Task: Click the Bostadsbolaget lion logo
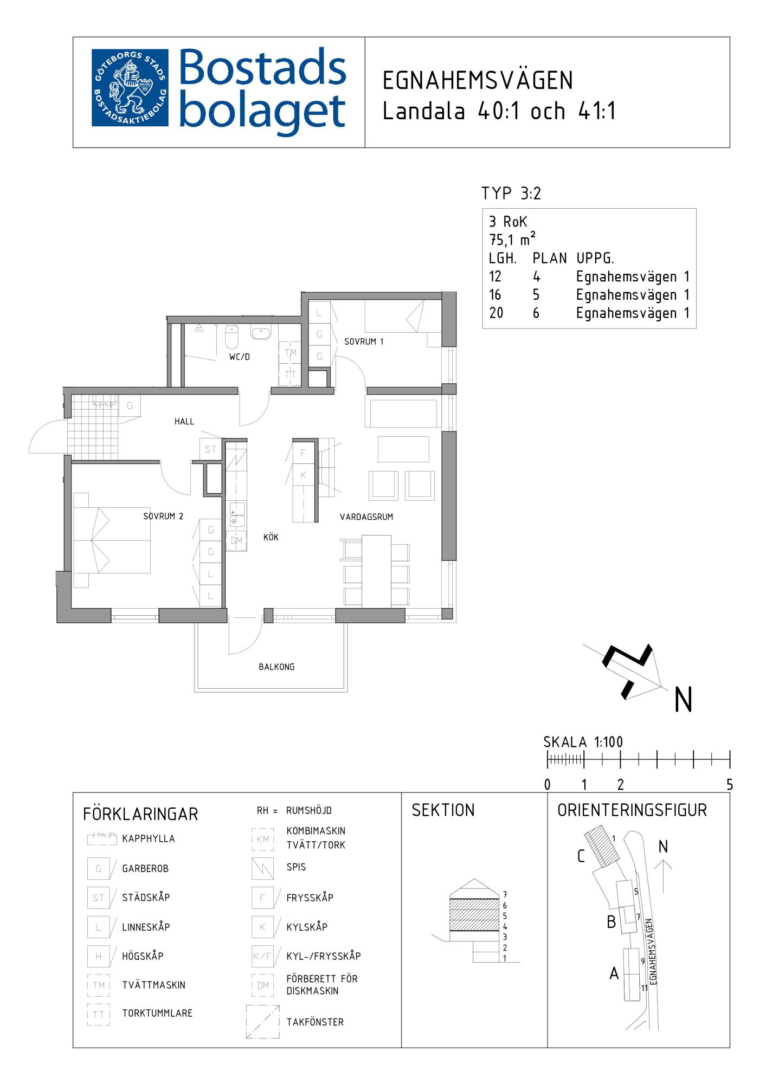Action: point(130,88)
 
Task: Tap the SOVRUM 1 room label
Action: point(364,341)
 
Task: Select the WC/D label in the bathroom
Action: point(239,357)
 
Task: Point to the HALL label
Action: point(184,421)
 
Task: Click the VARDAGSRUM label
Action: point(366,517)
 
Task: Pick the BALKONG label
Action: point(276,667)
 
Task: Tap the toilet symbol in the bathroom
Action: point(231,337)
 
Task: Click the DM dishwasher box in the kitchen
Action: point(237,540)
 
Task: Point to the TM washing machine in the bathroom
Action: point(291,353)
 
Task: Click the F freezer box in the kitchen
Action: point(303,453)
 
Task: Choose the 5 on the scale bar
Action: point(730,784)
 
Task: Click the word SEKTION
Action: point(443,810)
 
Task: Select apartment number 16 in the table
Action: point(495,295)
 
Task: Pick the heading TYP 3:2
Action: point(511,193)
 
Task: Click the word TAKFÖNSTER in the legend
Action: point(315,1022)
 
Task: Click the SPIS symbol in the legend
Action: point(263,868)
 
